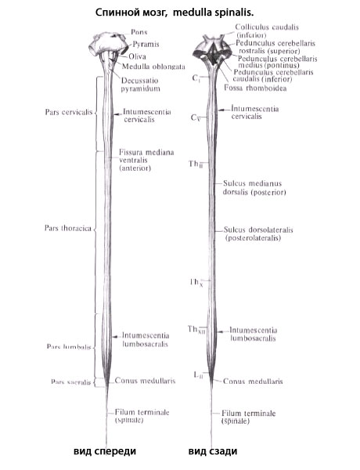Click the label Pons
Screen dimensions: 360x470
tap(139, 32)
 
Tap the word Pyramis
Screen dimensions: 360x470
tap(146, 45)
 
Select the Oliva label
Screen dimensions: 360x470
tap(137, 56)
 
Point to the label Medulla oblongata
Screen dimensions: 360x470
tap(153, 67)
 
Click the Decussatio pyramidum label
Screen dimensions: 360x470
tap(140, 85)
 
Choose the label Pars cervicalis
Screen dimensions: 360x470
tap(69, 112)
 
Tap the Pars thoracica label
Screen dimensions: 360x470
tap(68, 228)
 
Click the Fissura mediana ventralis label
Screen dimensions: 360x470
tap(146, 160)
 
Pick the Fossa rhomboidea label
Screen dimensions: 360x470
tap(255, 88)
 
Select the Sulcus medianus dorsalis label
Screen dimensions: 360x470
tap(254, 188)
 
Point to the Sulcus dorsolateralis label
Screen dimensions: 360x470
tap(258, 233)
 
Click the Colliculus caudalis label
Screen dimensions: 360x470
tap(267, 31)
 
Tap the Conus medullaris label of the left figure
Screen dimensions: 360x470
tap(145, 381)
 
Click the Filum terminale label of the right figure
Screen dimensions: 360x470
tap(248, 417)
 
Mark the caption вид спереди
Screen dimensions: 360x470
tap(105, 451)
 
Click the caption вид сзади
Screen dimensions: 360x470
tap(213, 451)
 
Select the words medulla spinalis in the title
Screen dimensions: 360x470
tap(214, 13)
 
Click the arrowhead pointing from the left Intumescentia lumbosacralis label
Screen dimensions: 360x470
tap(113, 337)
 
